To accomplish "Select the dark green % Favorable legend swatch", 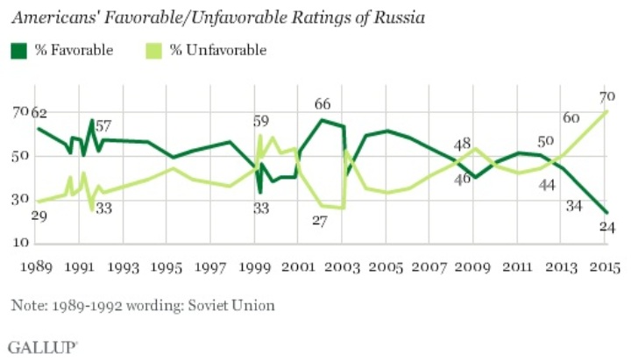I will [x=19, y=50].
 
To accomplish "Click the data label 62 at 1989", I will [x=39, y=112].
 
